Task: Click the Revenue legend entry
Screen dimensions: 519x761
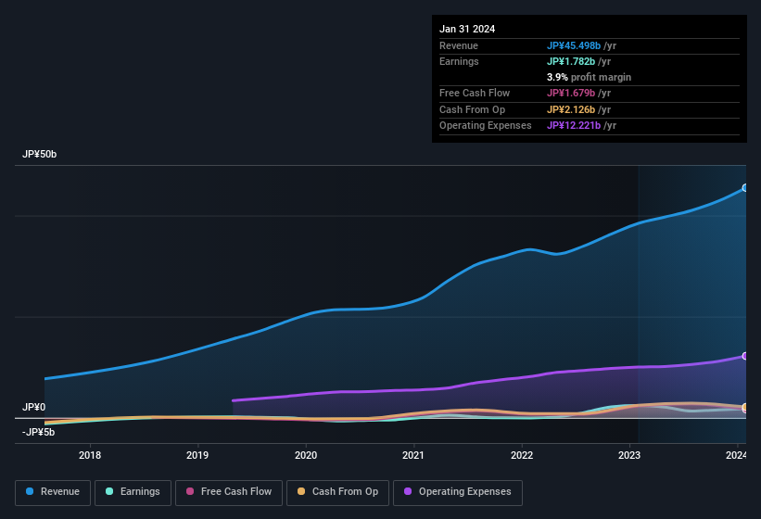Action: [53, 492]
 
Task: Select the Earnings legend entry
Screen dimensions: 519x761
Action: [133, 492]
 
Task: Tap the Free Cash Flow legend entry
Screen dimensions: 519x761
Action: [229, 492]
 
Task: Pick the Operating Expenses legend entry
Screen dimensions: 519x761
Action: [458, 492]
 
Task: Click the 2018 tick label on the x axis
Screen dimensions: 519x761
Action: [90, 455]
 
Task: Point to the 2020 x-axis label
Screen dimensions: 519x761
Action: [306, 455]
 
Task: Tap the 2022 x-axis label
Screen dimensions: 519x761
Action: [522, 455]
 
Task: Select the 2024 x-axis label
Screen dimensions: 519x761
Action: [737, 455]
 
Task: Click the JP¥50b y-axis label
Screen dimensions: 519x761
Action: [40, 155]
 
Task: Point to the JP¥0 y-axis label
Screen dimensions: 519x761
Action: [33, 408]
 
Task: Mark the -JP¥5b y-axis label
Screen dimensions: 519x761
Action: [38, 432]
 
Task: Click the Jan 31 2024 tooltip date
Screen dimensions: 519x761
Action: [467, 29]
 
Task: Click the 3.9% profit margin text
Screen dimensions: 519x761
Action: [589, 77]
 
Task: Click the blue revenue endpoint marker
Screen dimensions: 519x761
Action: [744, 188]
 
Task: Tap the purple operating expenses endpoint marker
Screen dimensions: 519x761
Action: [744, 356]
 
